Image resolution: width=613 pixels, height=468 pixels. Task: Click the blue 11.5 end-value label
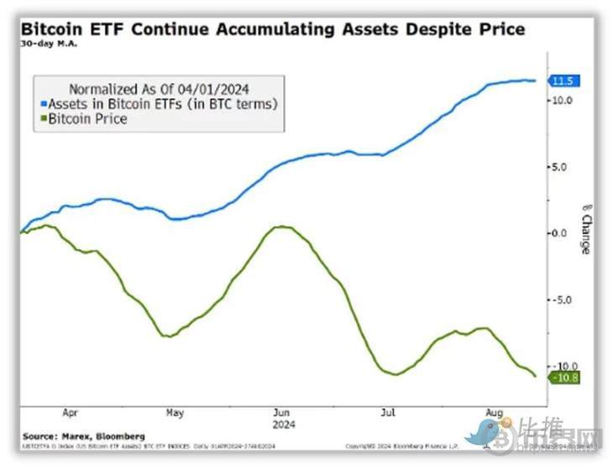click(562, 81)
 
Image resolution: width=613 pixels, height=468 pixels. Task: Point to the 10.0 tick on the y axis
click(562, 100)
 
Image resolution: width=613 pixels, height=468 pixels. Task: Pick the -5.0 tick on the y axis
click(562, 300)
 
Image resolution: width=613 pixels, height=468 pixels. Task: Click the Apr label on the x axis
click(71, 413)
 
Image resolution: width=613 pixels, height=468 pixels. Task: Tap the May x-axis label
click(175, 413)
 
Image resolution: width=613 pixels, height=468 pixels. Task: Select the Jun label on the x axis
click(282, 413)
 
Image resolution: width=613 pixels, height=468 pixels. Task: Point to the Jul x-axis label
click(388, 413)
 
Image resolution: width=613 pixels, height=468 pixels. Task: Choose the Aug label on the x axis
click(495, 413)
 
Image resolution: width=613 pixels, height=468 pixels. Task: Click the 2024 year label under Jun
click(282, 424)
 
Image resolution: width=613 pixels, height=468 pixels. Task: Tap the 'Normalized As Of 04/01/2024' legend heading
click(158, 87)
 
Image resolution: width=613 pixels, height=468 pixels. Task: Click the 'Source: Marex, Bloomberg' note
click(84, 437)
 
